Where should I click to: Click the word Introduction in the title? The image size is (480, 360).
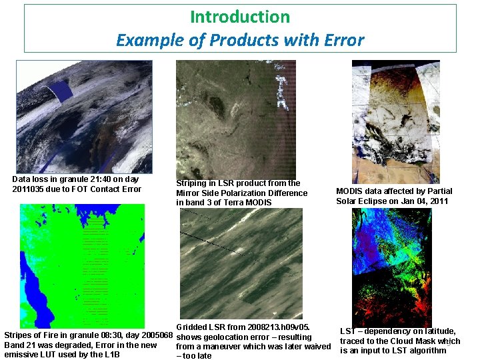(x=240, y=17)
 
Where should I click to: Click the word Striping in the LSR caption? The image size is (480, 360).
(x=192, y=183)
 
